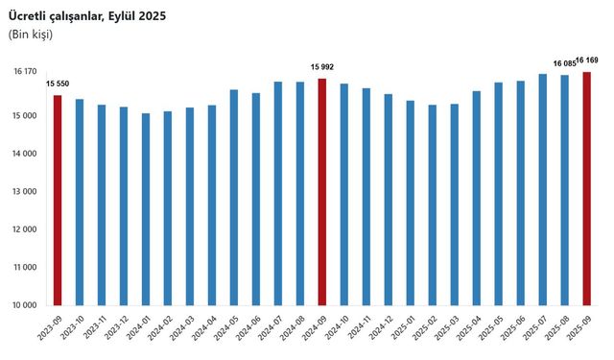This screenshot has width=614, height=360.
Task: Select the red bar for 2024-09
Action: point(322,192)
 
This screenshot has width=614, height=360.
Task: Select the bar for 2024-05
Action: point(234,197)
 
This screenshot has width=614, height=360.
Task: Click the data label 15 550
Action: point(58,84)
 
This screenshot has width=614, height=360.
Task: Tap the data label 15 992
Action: point(322,67)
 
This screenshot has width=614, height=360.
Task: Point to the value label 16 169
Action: point(590,60)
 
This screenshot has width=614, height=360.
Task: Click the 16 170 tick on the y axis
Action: point(25,72)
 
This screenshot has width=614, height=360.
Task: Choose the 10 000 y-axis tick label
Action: point(25,305)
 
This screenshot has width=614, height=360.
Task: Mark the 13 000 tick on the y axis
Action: point(25,191)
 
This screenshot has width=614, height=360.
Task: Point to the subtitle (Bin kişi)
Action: point(31,35)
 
